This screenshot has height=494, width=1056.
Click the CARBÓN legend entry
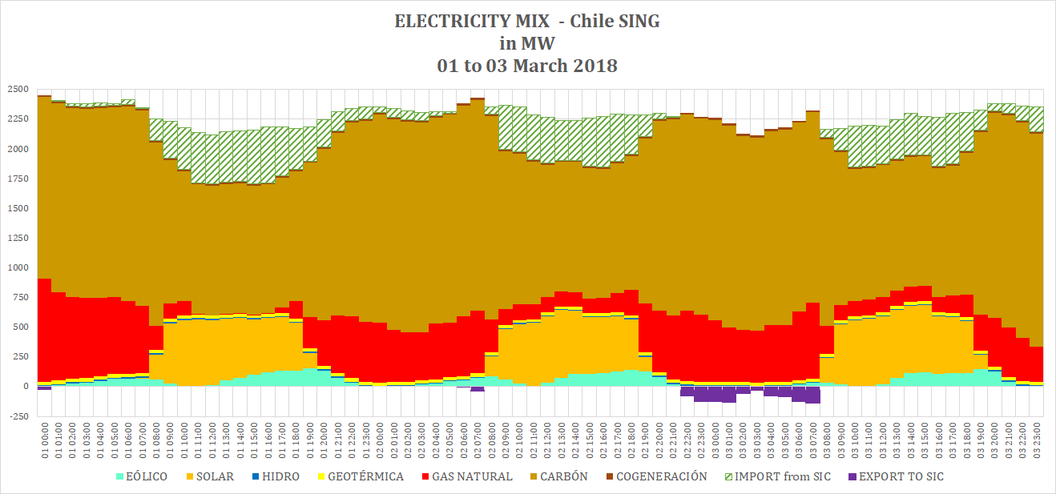point(561,476)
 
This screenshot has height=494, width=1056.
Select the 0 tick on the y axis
point(25,387)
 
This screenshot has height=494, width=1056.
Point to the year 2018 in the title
point(595,66)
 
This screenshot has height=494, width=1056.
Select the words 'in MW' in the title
point(527,43)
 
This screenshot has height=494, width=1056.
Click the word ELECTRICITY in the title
point(445,22)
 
